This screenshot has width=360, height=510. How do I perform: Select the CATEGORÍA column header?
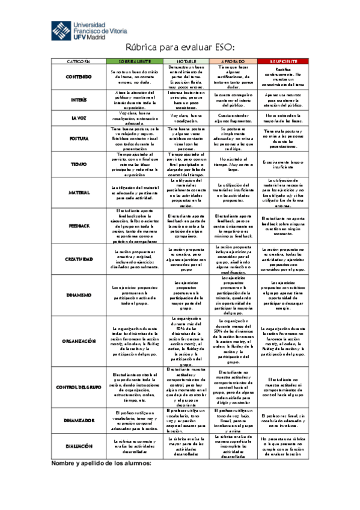pos(79,61)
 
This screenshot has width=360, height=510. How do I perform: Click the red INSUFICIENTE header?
pos(283,61)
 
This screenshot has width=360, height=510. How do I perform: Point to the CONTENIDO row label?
pos(79,76)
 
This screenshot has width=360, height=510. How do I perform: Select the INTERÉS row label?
pos(79,99)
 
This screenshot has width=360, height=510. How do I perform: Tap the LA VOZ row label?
pos(79,117)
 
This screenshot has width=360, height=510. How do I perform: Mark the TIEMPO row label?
pos(79,164)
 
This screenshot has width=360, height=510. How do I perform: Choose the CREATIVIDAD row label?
pos(79,259)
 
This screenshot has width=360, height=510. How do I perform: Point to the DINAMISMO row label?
pos(79,295)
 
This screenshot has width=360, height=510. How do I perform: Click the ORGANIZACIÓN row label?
pos(79,340)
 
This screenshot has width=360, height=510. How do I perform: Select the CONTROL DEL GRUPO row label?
pos(79,386)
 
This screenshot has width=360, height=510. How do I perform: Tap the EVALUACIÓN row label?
pos(79,446)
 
